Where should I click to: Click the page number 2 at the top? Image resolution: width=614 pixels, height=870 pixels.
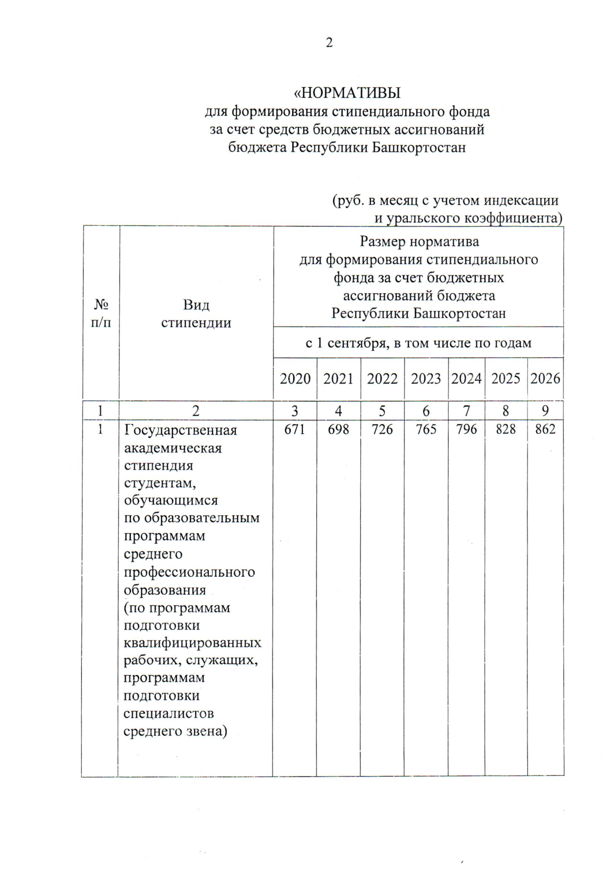click(329, 42)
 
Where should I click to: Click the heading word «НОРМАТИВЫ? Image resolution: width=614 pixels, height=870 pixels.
click(346, 93)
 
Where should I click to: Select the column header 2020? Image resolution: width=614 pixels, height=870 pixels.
click(295, 379)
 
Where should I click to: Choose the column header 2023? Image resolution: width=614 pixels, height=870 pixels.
click(426, 379)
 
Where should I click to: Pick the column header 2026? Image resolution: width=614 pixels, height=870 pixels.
click(545, 379)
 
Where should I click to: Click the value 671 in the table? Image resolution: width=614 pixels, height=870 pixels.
click(295, 429)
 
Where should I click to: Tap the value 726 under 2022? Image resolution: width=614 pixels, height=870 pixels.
click(382, 429)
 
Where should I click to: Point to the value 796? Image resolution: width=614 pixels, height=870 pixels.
click(466, 429)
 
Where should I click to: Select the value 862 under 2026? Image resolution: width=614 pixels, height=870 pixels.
click(545, 429)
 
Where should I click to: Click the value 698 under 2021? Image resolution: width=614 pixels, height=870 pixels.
click(338, 429)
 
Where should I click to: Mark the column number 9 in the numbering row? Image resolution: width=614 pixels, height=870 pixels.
click(545, 410)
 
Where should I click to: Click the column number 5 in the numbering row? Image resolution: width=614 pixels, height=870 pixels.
click(382, 410)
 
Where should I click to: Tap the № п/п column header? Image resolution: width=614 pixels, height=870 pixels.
click(101, 314)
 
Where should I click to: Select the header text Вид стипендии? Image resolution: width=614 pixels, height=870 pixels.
click(196, 314)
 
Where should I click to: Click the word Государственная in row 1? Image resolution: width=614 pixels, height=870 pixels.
click(181, 430)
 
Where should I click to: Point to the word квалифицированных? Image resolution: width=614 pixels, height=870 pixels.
click(192, 642)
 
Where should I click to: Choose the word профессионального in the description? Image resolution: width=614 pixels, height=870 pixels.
click(189, 572)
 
